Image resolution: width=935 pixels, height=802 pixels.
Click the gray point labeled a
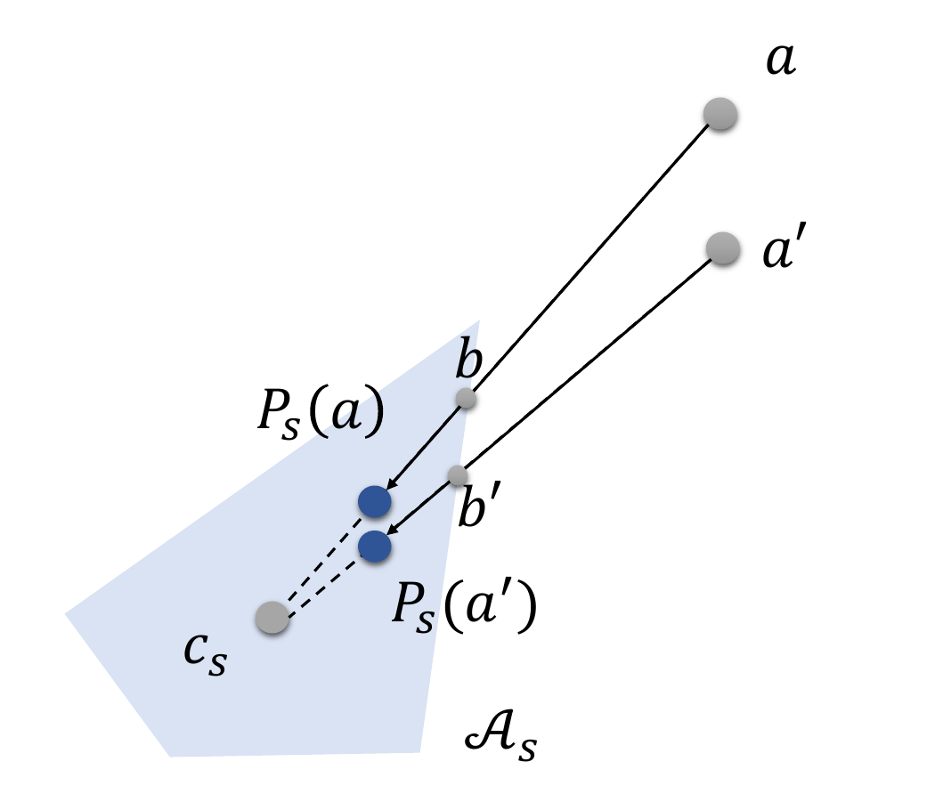click(x=720, y=115)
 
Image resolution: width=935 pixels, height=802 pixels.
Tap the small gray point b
click(x=466, y=399)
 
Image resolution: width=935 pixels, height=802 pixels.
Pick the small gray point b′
click(x=457, y=475)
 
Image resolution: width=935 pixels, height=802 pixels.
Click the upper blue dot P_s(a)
click(x=374, y=502)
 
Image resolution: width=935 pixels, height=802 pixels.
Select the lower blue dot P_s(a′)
click(x=375, y=546)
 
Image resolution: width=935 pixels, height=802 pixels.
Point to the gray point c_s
click(x=272, y=617)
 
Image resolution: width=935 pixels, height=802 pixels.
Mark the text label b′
click(x=479, y=510)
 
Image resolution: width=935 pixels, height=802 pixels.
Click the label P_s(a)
click(x=320, y=413)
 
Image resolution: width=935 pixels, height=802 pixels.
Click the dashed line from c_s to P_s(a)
click(x=321, y=560)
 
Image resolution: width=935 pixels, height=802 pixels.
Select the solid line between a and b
click(x=588, y=258)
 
